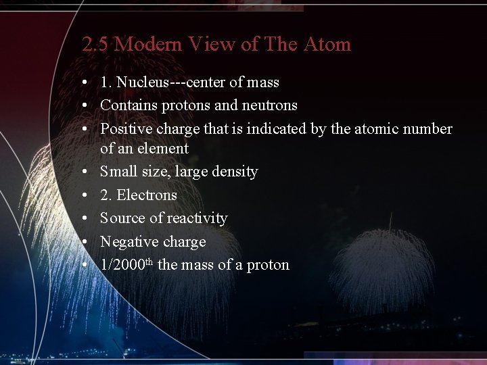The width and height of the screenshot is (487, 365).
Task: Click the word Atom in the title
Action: pyautogui.click(x=327, y=45)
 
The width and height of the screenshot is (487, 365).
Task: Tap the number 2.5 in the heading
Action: pyautogui.click(x=95, y=45)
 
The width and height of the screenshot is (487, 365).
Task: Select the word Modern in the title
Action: pyautogui.click(x=148, y=45)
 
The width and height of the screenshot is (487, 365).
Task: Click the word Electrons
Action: pyautogui.click(x=147, y=195)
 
